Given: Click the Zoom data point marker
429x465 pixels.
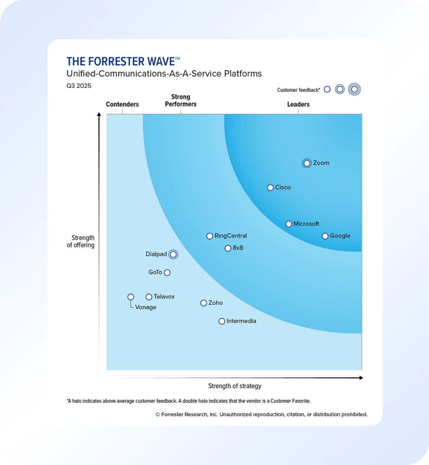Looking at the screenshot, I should pos(307,163).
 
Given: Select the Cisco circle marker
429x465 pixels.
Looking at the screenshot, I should pos(270,187).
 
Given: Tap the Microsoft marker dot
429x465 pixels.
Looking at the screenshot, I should pos(289,224).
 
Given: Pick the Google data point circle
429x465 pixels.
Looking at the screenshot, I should pos(325,236).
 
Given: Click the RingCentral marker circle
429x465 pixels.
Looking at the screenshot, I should pos(210,236).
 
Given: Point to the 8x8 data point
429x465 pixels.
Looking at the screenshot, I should pos(228,248).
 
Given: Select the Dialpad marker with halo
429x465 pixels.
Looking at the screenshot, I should pos(173,254).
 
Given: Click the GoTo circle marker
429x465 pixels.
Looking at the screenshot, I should pos(167,272).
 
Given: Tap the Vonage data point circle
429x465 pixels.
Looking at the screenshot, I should pos(131,297).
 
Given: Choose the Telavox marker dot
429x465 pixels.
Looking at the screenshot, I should pos(149,297).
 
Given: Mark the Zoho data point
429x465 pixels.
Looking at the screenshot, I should pos(203,303).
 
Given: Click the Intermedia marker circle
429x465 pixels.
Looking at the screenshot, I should pos(222,321).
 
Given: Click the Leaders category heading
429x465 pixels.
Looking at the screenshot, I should pos(298,104).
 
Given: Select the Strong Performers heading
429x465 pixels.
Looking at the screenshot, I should pos(181,100).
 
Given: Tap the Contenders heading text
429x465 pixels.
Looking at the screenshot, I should pos(122,104).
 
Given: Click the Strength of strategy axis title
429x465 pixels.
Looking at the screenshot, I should pos(235,386).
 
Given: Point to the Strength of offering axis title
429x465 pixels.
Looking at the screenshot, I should pos(81,241).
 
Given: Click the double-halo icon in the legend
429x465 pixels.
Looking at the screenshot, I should pos(354,89).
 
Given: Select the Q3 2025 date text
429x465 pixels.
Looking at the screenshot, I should pos(79,86).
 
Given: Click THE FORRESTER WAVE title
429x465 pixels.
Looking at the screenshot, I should pos(120,61).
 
